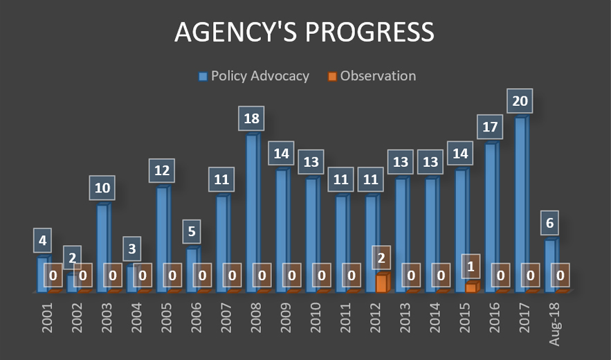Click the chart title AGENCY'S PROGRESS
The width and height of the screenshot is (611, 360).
(x=304, y=32)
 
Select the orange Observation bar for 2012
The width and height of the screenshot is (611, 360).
(x=381, y=283)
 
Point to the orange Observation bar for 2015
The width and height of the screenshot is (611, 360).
(x=471, y=287)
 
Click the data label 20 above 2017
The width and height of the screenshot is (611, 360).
(x=520, y=100)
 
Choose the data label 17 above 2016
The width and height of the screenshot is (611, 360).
(x=490, y=127)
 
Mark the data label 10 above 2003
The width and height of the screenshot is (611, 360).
(x=102, y=188)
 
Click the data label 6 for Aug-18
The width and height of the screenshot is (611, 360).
(x=551, y=224)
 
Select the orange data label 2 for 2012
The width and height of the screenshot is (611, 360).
(x=381, y=257)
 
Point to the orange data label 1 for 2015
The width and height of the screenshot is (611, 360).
(x=471, y=266)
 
